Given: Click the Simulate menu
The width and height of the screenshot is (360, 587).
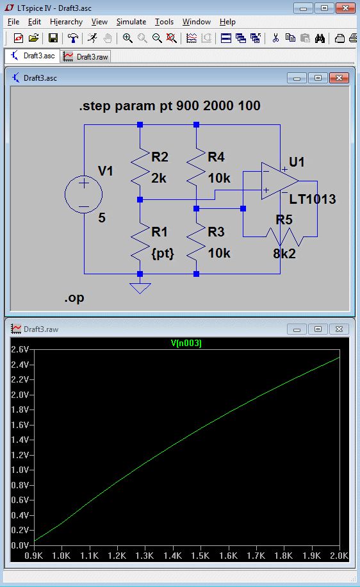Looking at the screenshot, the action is [131, 22].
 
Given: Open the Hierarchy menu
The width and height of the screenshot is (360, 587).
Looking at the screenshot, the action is [66, 22].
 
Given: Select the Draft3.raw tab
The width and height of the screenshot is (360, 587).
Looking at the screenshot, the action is [86, 56].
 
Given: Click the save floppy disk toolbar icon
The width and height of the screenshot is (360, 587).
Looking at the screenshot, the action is [53, 38].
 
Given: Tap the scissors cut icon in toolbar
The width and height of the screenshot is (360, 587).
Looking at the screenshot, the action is [275, 38].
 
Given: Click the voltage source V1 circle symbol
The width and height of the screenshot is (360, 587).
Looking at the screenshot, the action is [83, 195].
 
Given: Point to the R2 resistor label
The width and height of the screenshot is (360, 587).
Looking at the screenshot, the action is [160, 156].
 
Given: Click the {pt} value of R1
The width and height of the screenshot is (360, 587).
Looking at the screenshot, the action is [163, 253].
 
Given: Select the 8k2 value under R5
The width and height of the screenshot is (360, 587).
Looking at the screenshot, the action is [284, 253].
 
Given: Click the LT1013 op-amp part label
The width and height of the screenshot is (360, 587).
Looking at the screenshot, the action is [313, 199].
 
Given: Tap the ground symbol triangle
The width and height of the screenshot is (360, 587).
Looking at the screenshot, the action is [140, 288].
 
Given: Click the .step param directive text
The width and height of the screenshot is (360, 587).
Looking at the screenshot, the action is [170, 106].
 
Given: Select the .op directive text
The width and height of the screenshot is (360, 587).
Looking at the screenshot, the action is [74, 298].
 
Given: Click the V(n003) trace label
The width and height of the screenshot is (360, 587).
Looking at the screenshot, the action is [186, 343].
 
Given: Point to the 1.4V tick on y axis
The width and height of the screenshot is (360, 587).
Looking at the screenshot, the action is [20, 440].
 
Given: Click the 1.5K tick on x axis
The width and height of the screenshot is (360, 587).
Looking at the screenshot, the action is [200, 556].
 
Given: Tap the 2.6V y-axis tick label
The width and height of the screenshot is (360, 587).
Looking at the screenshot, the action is [20, 349].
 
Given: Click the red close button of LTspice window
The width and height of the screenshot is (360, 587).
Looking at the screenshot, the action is [345, 8].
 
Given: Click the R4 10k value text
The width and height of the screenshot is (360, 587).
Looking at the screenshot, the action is [219, 178].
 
